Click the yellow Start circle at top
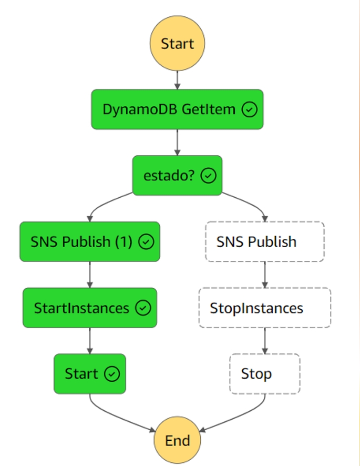click(177, 44)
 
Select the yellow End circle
click(177, 440)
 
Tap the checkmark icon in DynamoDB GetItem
click(250, 109)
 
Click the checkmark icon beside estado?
click(209, 176)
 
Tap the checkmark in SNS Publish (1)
click(146, 242)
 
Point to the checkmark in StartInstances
click(143, 308)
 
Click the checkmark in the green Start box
click(112, 374)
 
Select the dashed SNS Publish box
click(264, 242)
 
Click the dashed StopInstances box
click(264, 308)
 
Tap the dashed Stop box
click(264, 374)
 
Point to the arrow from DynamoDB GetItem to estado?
click(177, 142)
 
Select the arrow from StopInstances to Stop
click(264, 341)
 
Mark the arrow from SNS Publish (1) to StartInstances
click(89, 275)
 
